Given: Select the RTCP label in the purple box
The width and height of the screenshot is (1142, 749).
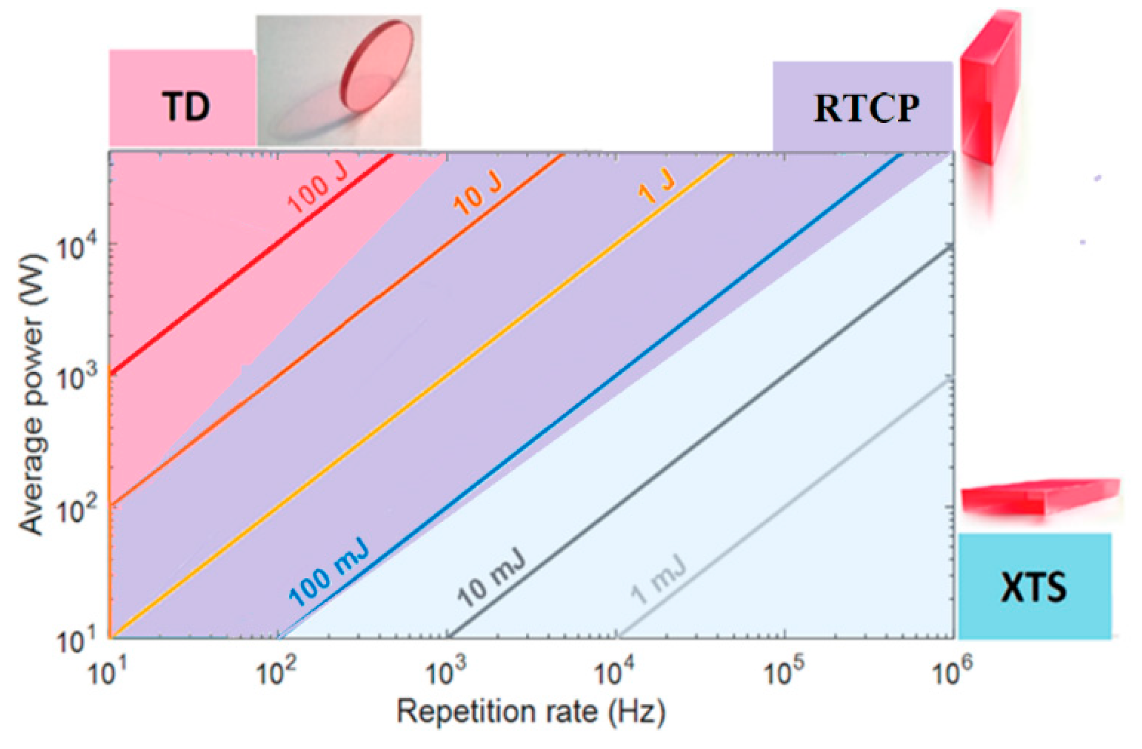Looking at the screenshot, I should pos(866,108).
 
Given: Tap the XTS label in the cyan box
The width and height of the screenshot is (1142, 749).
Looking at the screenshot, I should pos(1033,588).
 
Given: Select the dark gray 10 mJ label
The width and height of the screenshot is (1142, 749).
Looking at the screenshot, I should pos(490,578).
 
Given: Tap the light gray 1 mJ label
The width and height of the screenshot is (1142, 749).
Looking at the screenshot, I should pos(658,579).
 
